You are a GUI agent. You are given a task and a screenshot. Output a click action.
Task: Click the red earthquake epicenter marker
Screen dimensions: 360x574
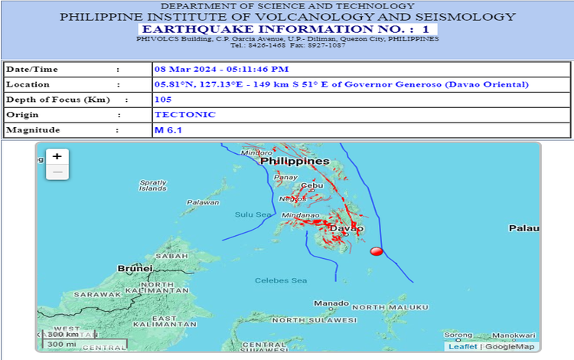(x=376, y=251)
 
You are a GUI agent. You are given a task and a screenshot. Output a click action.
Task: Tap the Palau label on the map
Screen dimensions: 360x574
(x=525, y=228)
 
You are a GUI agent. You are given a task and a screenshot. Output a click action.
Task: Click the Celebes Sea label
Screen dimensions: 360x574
(x=280, y=281)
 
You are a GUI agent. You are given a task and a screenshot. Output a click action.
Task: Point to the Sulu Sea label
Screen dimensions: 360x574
(x=253, y=214)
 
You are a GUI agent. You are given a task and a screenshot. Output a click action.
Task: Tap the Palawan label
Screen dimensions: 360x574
(x=204, y=202)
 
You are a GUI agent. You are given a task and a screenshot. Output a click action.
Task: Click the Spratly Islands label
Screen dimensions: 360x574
(x=153, y=185)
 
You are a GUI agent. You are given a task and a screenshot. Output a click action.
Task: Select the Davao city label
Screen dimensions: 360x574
(x=346, y=228)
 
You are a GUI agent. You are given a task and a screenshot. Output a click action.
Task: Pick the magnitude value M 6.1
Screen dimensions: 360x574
(x=168, y=130)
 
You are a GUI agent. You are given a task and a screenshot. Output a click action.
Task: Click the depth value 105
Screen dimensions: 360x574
(x=163, y=100)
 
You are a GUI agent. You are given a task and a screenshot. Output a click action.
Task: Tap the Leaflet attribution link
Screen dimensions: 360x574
(x=462, y=346)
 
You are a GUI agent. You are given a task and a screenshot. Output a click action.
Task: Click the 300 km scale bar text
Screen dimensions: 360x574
(x=62, y=334)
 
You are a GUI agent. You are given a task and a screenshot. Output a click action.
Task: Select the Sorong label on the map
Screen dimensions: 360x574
(x=458, y=335)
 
